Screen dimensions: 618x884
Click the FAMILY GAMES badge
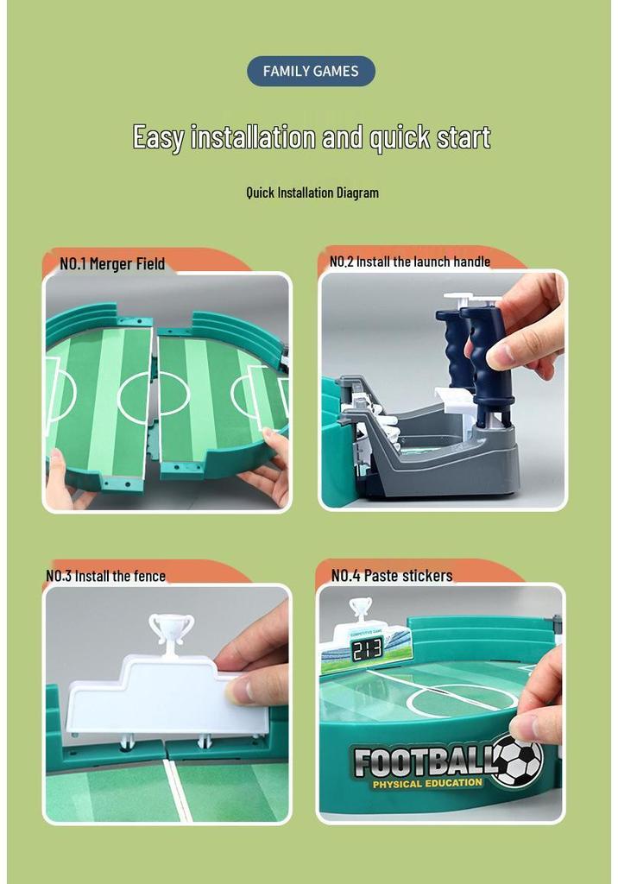tap(311, 71)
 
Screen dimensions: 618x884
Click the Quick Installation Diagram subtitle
tap(312, 193)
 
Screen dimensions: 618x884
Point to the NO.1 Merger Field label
tap(112, 264)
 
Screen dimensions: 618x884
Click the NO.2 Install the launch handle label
tap(410, 262)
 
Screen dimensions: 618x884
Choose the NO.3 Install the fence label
tap(106, 576)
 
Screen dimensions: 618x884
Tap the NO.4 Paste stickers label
tap(392, 576)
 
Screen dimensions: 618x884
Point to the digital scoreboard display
tap(367, 649)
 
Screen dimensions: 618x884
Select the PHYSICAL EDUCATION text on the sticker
tap(427, 784)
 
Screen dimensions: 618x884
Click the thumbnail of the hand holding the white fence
tap(167, 704)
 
